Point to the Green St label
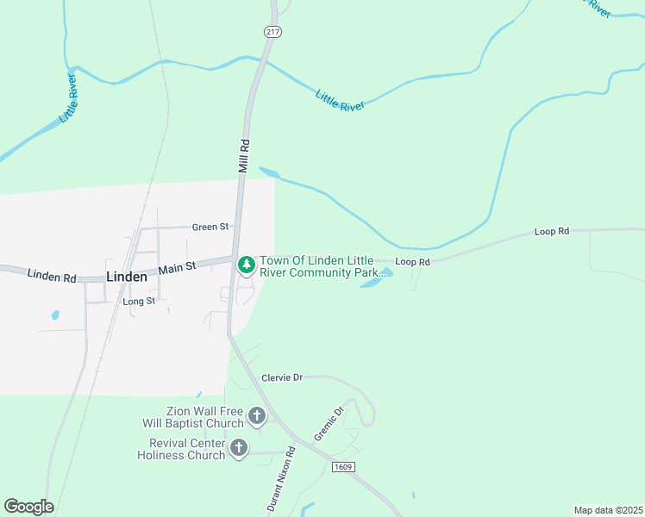pos(210,227)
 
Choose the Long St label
pos(139,302)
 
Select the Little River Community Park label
pos(321,267)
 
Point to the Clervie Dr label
pos(283,377)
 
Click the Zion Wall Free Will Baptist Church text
pos(193,418)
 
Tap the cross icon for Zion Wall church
pos(256,417)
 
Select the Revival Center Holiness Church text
pos(181,449)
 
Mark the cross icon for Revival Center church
pos(239,448)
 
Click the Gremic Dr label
pos(329,424)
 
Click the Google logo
pos(28,507)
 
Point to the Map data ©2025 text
pos(608,510)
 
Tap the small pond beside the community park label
pos(377,279)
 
